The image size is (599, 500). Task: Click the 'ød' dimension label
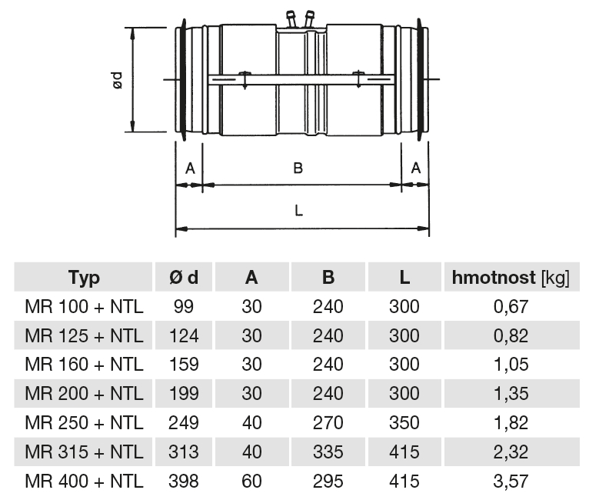[118, 80]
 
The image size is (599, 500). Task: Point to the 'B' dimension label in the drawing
[298, 168]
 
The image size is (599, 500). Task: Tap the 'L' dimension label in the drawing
[299, 210]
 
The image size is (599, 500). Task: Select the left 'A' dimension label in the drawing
[190, 168]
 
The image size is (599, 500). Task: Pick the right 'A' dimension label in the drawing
[416, 168]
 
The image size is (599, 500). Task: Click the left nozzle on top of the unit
[291, 19]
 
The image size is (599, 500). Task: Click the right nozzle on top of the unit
[308, 19]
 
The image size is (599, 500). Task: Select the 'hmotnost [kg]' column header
[511, 278]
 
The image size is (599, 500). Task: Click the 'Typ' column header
[84, 278]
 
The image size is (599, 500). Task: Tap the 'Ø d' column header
[184, 278]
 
